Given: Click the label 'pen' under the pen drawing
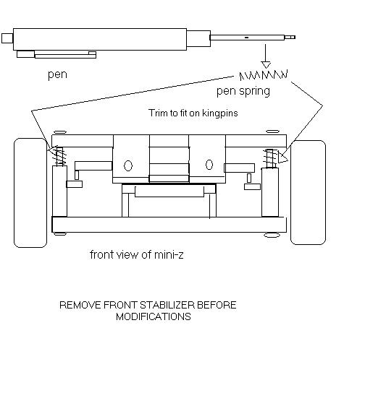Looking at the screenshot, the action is (57, 74).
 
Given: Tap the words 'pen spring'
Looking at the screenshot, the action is (243, 91).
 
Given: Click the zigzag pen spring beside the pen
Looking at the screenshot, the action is (264, 75).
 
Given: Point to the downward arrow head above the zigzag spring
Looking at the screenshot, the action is (266, 65).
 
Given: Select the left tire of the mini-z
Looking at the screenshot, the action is (30, 193).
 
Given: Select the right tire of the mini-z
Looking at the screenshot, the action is (308, 192).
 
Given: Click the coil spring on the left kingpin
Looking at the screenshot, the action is (60, 157).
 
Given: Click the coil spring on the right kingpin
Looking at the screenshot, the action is (270, 158).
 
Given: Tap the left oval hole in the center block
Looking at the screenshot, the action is (128, 165).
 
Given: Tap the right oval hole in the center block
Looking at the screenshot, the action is (209, 165).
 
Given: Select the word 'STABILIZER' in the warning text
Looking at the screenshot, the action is (167, 305).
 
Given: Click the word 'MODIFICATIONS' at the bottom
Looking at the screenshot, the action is (154, 316).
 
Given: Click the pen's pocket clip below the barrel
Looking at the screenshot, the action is (56, 54).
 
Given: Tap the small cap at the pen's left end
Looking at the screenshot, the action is (7, 38).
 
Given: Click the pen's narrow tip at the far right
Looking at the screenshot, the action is (290, 38).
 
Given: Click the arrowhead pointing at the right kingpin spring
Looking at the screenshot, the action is (282, 158).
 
